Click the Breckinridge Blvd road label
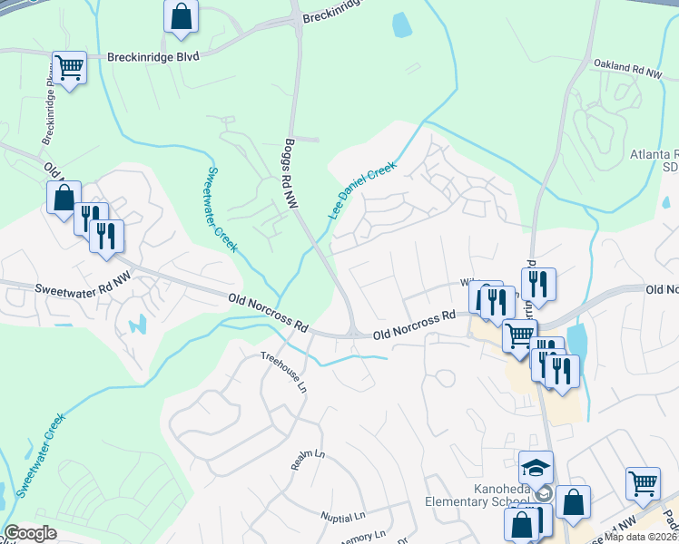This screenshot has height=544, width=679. coord(153,55)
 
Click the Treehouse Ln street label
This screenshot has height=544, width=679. coord(285,372)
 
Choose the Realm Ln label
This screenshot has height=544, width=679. coord(308,460)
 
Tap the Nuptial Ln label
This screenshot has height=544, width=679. coord(342,516)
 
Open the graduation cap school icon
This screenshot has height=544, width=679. coord(536,469)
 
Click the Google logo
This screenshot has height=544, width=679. coord(30,533)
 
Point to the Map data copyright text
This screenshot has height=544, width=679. coord(641,537)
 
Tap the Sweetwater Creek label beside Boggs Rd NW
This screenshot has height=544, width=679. coord(221,209)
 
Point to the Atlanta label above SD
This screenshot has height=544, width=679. coord(654,154)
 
